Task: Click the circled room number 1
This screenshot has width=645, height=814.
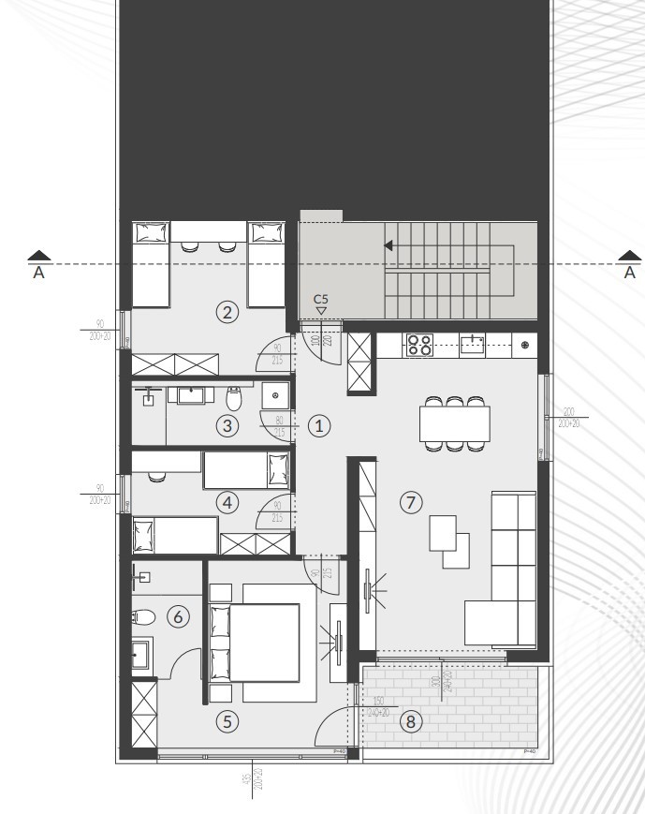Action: pos(320,425)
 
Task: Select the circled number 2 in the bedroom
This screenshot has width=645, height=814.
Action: pos(226,313)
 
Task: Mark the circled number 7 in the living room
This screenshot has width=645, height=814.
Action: pos(410,502)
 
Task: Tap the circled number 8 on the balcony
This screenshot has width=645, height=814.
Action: pos(409,721)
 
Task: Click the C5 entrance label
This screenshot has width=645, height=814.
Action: pos(320,299)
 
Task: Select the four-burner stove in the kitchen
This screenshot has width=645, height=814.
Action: pos(419,345)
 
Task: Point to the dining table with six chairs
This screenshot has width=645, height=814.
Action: pos(455,422)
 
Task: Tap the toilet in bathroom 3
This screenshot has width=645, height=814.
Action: pos(234,399)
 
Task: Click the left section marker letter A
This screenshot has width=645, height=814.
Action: pos(38,274)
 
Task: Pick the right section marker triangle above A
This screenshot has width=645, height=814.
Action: pos(630,255)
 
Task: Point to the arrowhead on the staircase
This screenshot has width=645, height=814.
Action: pos(388,247)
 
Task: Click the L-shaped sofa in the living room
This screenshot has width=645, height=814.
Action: pos(506,571)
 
